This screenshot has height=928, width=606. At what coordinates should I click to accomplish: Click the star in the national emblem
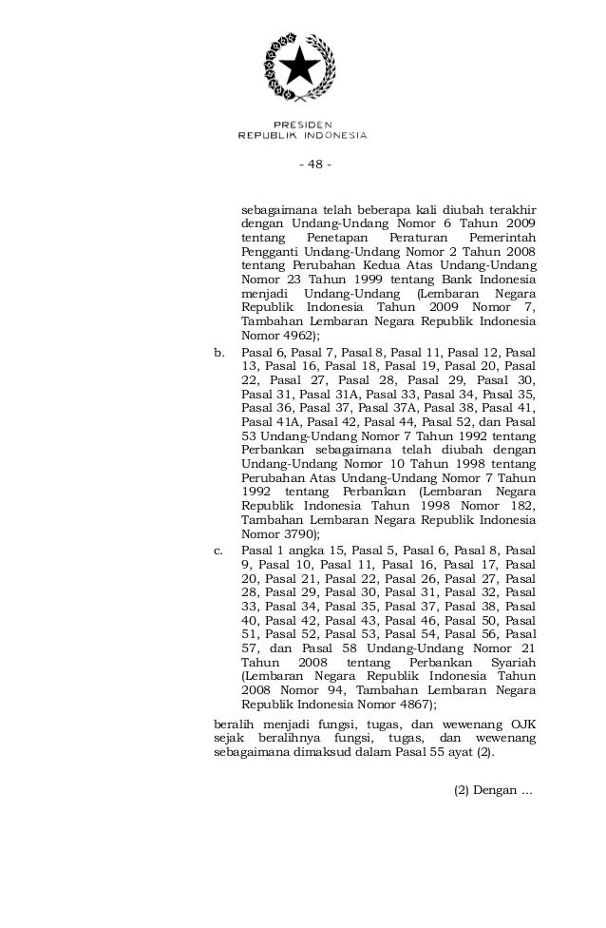301,68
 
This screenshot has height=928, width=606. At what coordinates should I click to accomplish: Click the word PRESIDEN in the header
301,125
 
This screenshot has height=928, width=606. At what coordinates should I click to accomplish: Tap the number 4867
412,706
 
